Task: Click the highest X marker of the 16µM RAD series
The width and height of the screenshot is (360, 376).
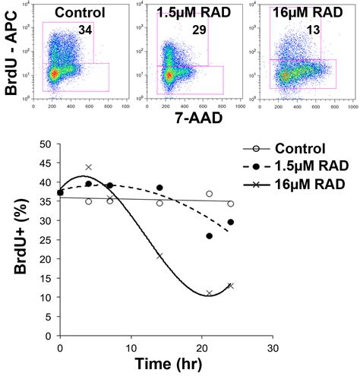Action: (88, 167)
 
